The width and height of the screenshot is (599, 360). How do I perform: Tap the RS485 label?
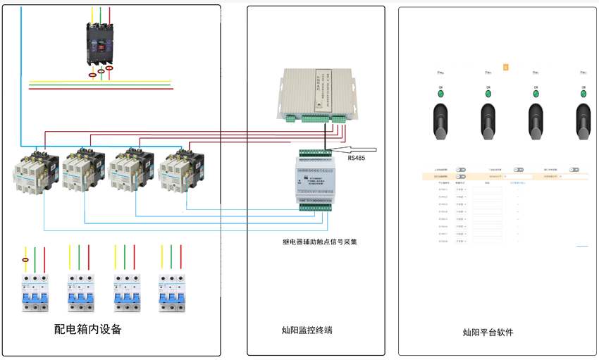point(357,158)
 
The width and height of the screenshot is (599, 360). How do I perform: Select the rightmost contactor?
point(182,170)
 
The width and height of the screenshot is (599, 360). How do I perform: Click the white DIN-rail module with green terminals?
point(315,179)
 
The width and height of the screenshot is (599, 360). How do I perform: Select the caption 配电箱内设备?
point(88,329)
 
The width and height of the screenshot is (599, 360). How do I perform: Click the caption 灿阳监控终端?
point(307,330)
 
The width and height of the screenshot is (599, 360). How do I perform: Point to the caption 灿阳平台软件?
point(488,332)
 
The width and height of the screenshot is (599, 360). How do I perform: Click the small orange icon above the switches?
point(506,68)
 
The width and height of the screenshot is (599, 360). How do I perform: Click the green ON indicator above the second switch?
point(488,94)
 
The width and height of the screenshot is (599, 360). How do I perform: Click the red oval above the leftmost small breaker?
point(26,260)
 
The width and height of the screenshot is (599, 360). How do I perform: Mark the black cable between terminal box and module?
point(325,135)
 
